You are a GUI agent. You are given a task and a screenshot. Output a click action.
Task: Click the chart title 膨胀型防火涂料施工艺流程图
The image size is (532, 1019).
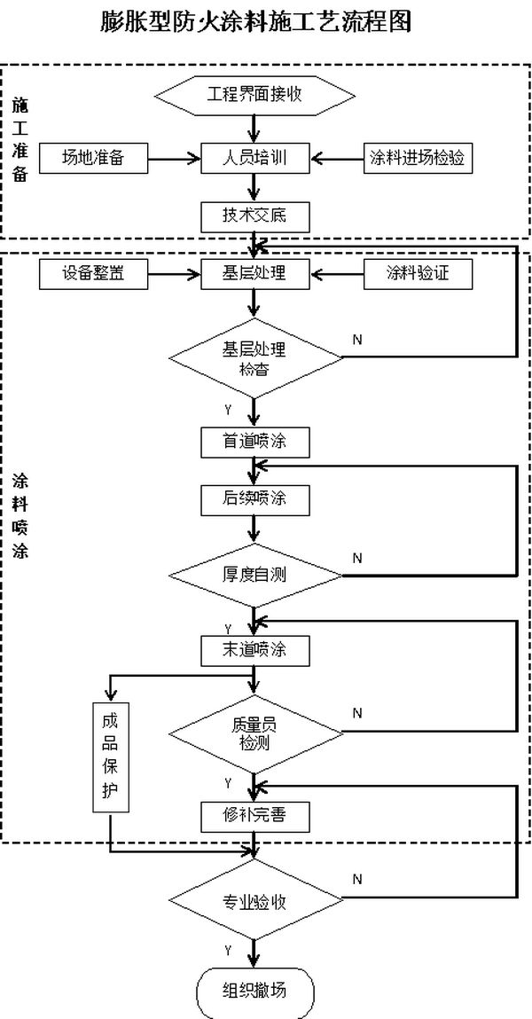click(x=256, y=21)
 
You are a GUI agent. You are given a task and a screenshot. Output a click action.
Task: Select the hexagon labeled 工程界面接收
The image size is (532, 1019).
click(x=255, y=94)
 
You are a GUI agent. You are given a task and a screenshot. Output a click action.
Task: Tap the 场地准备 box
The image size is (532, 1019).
click(x=93, y=158)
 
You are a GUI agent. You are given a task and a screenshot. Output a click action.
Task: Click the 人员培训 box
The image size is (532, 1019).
click(x=255, y=158)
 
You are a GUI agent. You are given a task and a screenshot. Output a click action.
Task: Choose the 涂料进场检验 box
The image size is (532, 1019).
click(x=417, y=158)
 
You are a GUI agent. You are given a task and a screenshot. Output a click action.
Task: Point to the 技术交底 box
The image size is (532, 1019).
click(x=255, y=215)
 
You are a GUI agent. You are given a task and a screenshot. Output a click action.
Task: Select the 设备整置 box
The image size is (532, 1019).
click(x=93, y=273)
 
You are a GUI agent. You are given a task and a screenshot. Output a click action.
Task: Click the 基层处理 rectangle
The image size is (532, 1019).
click(x=255, y=273)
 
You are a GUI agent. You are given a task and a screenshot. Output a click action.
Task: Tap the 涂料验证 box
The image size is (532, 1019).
click(x=417, y=273)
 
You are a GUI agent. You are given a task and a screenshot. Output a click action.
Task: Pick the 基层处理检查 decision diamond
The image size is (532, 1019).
click(x=255, y=357)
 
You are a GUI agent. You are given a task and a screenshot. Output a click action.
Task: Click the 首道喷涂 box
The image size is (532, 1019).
click(x=255, y=441)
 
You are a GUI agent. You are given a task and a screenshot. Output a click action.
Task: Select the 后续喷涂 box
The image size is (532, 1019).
click(x=255, y=498)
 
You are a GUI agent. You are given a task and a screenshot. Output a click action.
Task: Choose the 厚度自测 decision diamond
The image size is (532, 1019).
click(x=255, y=575)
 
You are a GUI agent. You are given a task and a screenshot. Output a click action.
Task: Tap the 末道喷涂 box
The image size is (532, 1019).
click(x=255, y=650)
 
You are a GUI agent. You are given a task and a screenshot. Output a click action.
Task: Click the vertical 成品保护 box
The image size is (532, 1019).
click(x=111, y=756)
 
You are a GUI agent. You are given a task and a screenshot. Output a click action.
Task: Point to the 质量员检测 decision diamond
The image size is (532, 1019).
click(x=255, y=733)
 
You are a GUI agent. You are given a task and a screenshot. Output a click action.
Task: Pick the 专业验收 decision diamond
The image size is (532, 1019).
click(x=255, y=902)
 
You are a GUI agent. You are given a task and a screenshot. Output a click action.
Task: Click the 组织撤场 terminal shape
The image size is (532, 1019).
click(x=255, y=990)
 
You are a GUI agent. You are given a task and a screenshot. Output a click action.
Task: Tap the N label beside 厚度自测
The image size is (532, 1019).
click(x=357, y=558)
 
